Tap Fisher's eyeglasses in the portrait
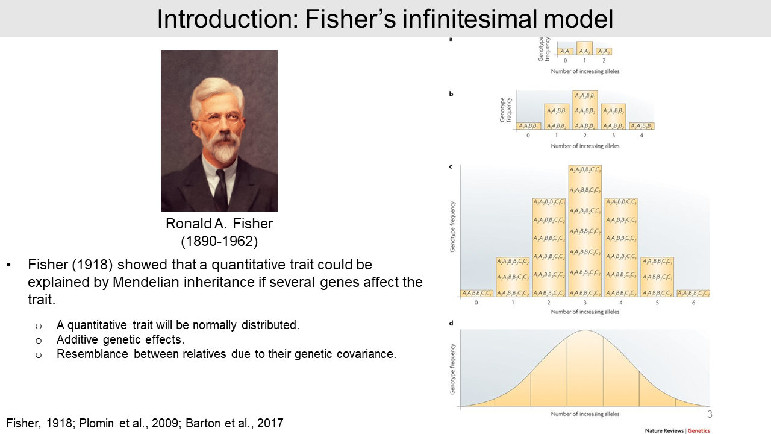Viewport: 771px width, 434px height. (216, 119)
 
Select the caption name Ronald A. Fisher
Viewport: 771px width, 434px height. (219, 224)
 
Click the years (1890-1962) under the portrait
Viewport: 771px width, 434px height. (219, 242)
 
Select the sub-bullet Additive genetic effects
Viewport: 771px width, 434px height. (120, 339)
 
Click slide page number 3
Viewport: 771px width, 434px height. (710, 415)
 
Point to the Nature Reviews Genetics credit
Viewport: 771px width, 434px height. (677, 430)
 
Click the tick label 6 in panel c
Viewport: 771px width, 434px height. (693, 303)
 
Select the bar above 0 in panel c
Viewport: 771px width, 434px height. (476, 293)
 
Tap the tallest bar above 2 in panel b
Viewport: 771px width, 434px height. (585, 110)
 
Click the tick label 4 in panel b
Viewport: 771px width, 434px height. (641, 136)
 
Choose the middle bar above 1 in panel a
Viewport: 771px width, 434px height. (584, 48)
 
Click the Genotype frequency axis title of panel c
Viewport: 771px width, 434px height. (453, 226)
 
